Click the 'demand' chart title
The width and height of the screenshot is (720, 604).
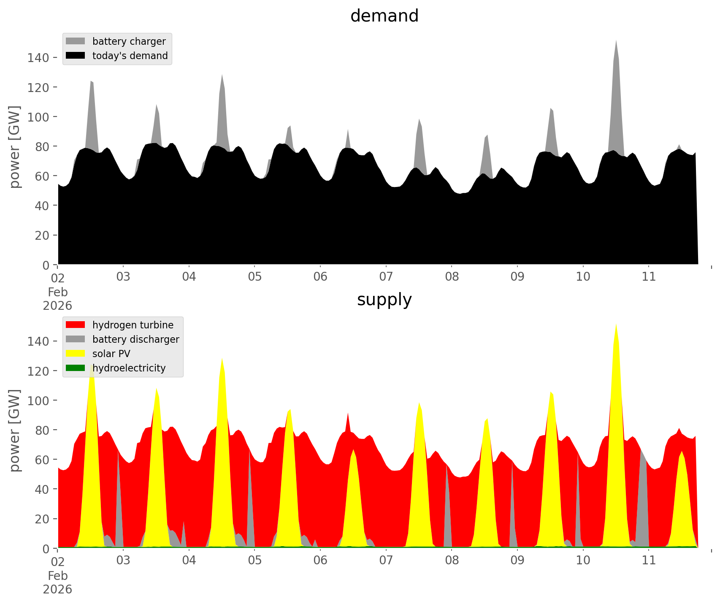click(384, 16)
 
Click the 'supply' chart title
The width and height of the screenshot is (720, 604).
click(384, 300)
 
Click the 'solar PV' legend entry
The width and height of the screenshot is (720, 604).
click(111, 354)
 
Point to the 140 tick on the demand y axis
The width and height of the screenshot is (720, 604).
click(38, 57)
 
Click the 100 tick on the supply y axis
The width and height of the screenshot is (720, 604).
click(38, 400)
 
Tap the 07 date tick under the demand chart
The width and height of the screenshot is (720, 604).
click(386, 276)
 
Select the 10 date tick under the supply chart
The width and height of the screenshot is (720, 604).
click(583, 560)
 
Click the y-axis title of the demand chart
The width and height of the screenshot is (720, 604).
click(15, 147)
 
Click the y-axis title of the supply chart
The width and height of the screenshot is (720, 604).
click(15, 431)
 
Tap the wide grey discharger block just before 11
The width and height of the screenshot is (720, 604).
click(642, 498)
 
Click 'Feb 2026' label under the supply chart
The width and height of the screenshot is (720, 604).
click(57, 582)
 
